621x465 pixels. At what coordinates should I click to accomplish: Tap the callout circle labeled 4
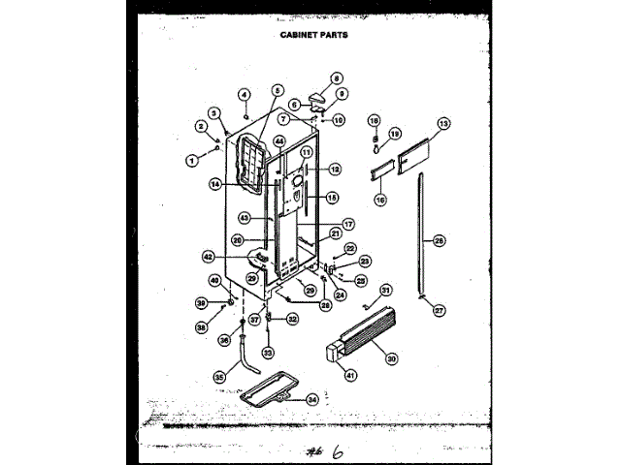[245, 95]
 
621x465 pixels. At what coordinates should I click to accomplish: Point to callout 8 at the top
[338, 77]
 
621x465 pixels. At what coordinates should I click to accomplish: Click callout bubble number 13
[443, 124]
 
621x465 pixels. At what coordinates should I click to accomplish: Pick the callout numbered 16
[380, 199]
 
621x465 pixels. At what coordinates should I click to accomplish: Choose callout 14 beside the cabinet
[215, 182]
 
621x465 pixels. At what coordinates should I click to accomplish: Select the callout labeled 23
[365, 261]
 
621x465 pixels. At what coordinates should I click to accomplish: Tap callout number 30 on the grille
[392, 359]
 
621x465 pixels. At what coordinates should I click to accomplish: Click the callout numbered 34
[311, 399]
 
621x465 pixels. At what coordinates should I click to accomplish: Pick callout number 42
[208, 257]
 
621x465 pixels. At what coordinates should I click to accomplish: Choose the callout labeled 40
[215, 281]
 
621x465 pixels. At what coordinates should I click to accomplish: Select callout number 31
[385, 290]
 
